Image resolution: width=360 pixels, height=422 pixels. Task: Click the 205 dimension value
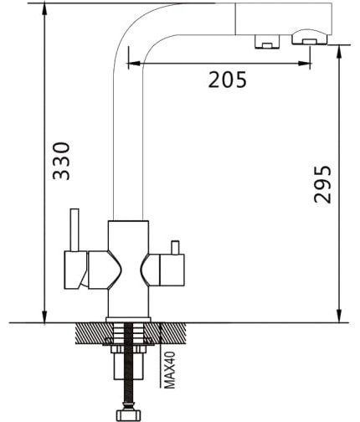pyautogui.click(x=228, y=80)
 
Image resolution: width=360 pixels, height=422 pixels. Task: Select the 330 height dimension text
pyautogui.click(x=61, y=161)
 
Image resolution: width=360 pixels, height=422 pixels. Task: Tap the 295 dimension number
pyautogui.click(x=322, y=184)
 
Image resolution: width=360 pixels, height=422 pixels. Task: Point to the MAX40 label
pyautogui.click(x=170, y=370)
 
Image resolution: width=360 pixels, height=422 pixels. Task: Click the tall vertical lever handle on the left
pyautogui.click(x=75, y=230)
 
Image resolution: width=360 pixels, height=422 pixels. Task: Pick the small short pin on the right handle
pyautogui.click(x=175, y=248)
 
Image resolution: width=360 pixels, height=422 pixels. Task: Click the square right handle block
pyautogui.click(x=172, y=270)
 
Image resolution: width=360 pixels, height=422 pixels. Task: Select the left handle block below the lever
pyautogui.click(x=75, y=270)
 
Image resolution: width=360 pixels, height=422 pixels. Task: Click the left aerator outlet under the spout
pyautogui.click(x=267, y=42)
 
